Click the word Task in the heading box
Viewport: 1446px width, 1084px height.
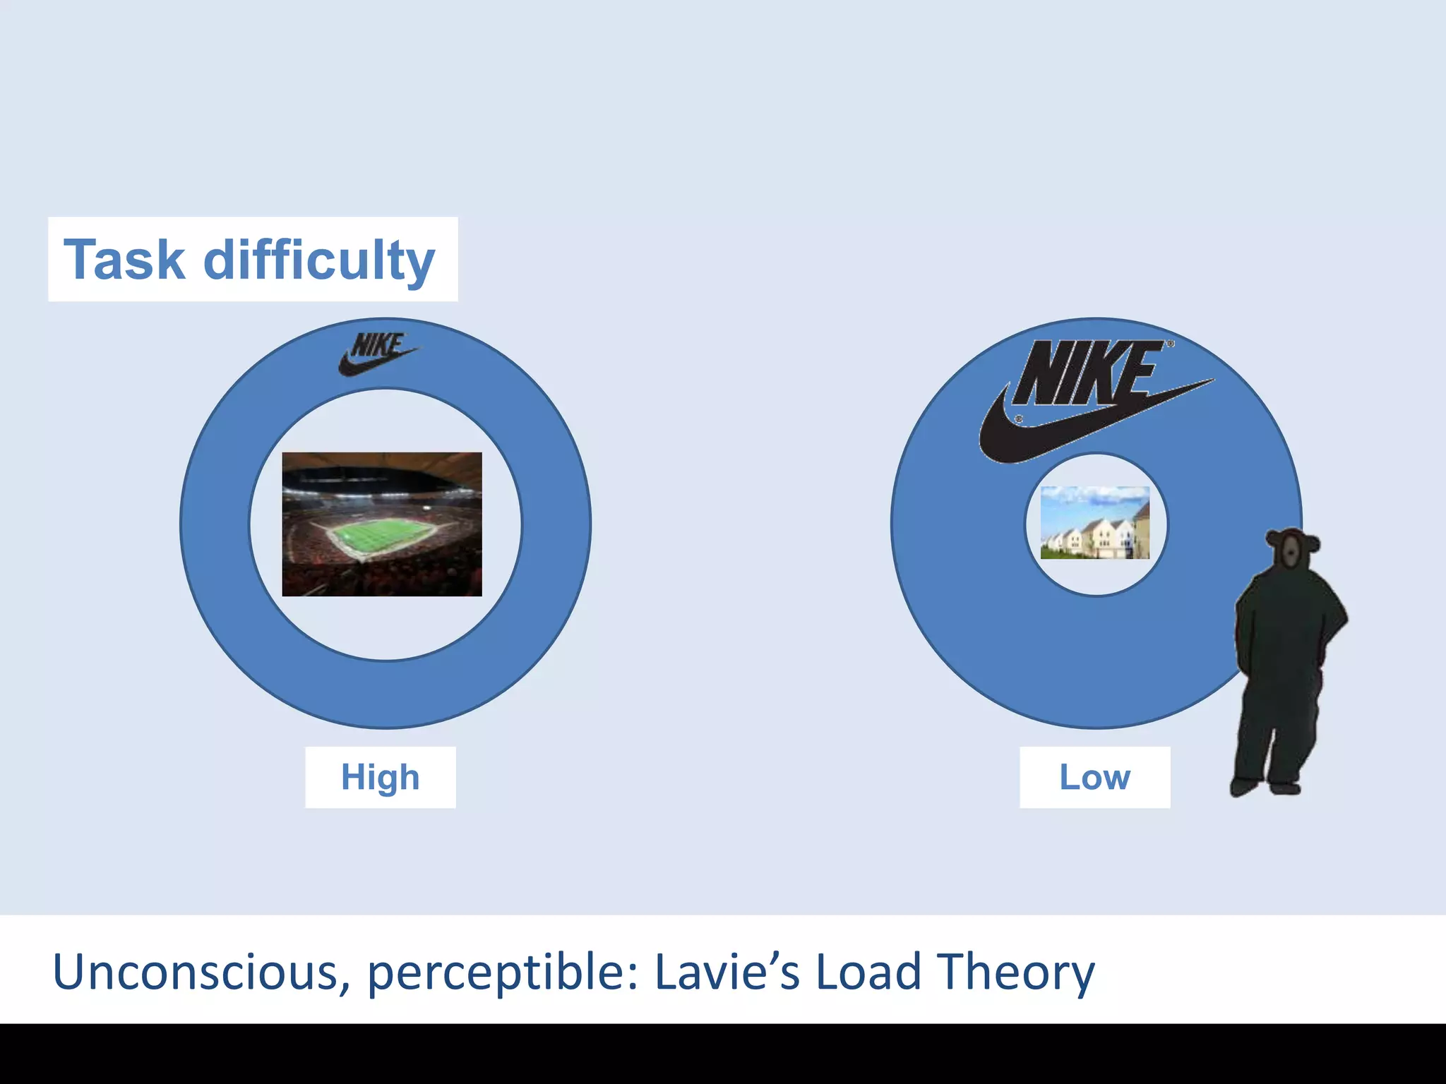point(124,260)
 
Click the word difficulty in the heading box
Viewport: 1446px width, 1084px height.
point(319,260)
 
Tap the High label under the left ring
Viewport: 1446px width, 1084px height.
point(380,777)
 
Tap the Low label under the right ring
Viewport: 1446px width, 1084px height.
point(1094,777)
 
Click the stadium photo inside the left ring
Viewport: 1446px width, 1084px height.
point(382,524)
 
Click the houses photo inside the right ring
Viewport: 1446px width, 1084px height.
point(1095,523)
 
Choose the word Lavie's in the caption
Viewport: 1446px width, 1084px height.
point(727,972)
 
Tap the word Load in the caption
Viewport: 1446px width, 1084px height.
point(868,972)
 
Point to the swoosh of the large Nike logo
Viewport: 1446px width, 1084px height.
point(1024,438)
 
